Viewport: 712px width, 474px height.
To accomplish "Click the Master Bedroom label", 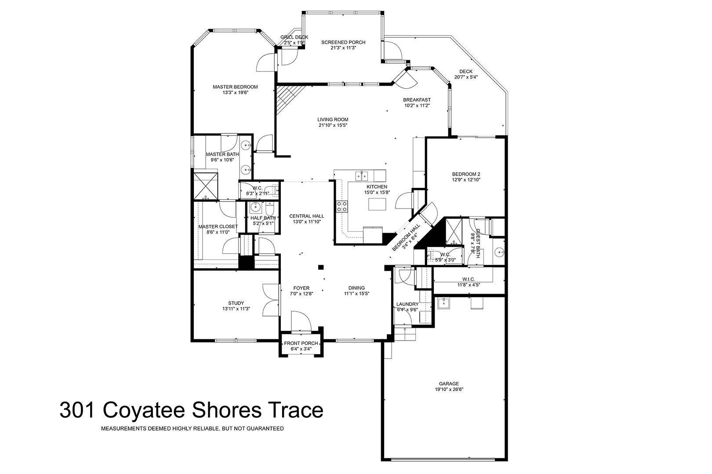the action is [235, 87].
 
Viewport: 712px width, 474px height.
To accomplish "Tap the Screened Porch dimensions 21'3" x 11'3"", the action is [343, 48].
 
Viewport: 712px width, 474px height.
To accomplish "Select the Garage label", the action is [449, 384].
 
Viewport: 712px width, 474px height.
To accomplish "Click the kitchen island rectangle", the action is [377, 204].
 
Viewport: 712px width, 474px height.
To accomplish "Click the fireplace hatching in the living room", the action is [287, 99].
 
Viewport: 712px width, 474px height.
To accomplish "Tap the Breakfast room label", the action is [417, 100].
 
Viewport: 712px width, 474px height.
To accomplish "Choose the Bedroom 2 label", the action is [466, 174].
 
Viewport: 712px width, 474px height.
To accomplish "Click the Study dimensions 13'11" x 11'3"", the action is [236, 309].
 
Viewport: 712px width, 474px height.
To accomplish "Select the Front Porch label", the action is [301, 343].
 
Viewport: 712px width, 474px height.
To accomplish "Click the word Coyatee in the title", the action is [144, 410].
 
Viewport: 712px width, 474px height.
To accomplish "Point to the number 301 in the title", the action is [77, 410].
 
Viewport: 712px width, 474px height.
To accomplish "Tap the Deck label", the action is [466, 72].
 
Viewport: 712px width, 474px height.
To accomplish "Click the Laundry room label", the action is [407, 304].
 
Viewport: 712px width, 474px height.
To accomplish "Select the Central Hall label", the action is [307, 216].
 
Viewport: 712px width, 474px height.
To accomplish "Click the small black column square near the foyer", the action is [321, 267].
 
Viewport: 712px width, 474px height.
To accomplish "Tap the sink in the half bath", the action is [255, 208].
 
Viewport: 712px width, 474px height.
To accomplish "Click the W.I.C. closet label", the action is [469, 280].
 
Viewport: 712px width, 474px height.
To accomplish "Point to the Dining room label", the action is [356, 288].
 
